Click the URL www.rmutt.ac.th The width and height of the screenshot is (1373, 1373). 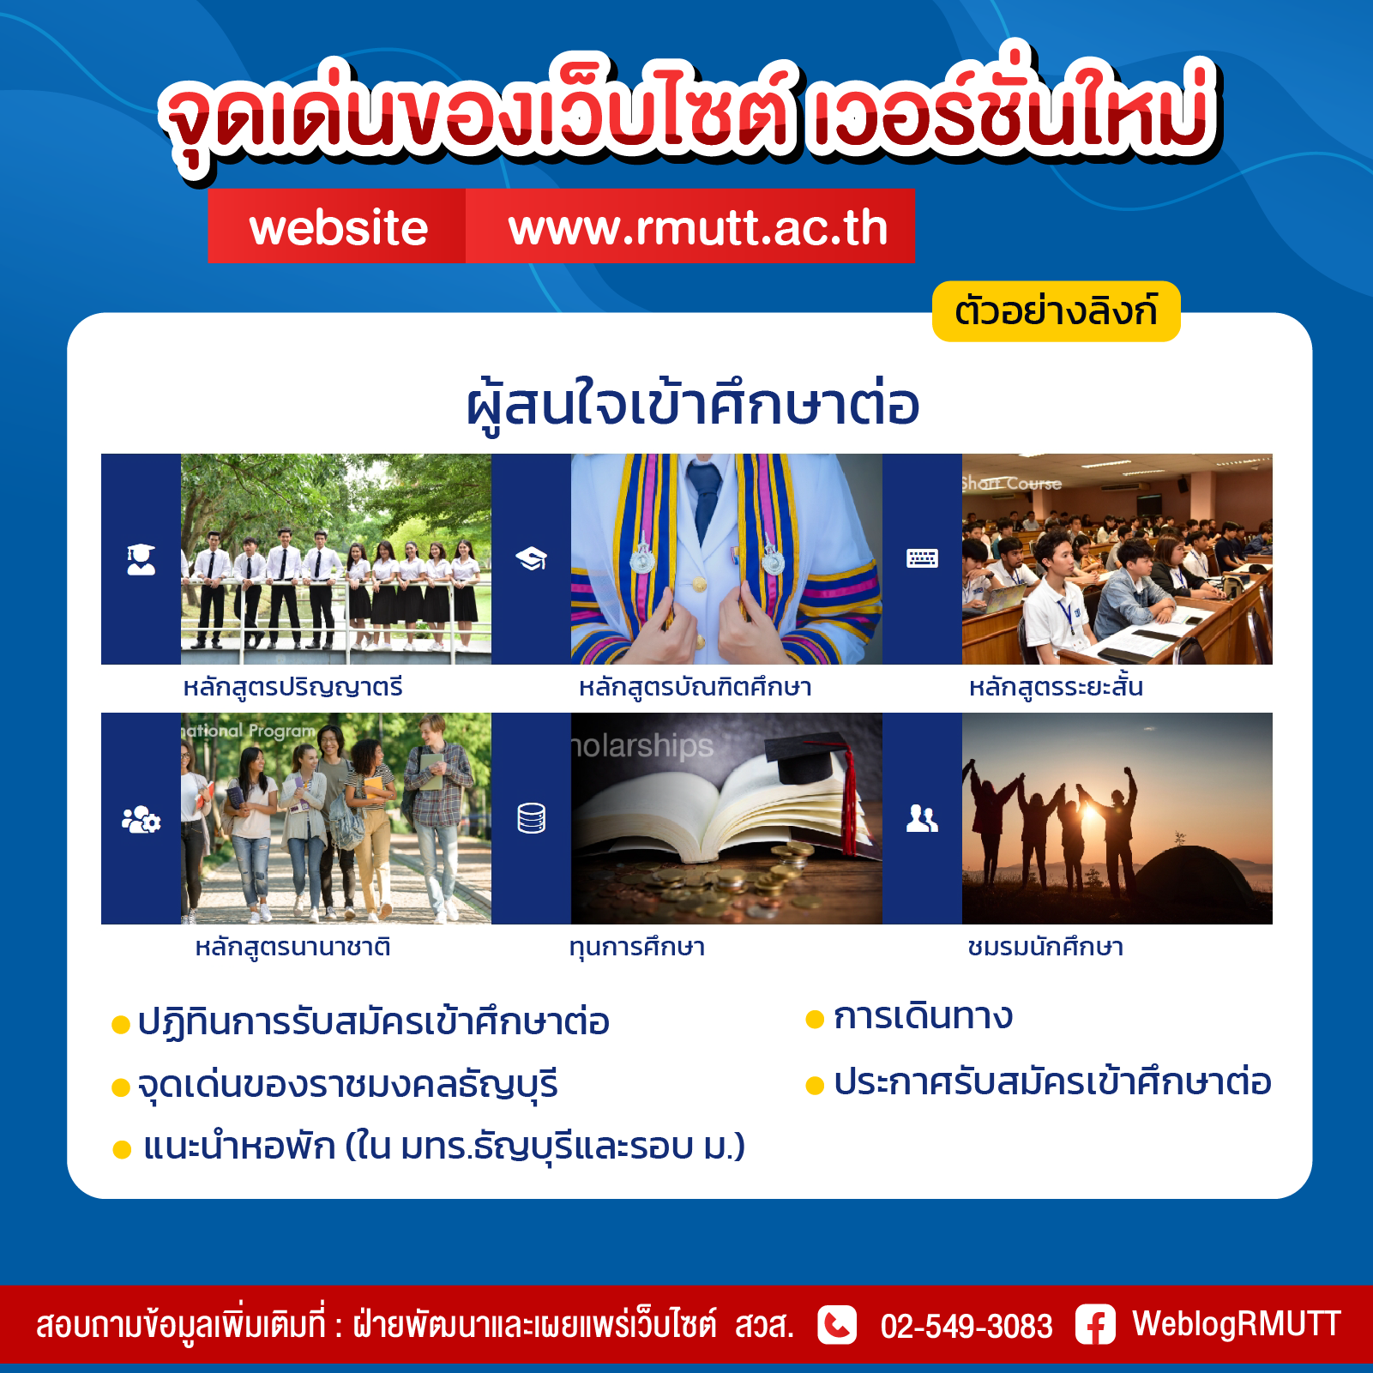(698, 228)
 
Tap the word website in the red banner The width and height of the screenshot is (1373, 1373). (339, 228)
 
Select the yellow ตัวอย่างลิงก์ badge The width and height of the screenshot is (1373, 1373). (1056, 311)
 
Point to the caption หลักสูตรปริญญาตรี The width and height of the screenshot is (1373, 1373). (293, 688)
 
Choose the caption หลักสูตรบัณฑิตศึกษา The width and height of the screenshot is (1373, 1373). (695, 688)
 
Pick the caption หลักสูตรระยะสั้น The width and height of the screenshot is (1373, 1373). (1056, 686)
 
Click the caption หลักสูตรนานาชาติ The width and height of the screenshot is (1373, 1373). (293, 948)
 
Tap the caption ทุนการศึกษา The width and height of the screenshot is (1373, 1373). (637, 948)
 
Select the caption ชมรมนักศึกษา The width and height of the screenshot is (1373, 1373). (1045, 947)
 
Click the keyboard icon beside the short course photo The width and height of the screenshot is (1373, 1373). (922, 559)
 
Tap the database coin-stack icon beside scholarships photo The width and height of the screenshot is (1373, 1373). (532, 818)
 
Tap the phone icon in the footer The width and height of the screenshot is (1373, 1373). (837, 1325)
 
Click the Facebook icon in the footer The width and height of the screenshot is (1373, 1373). (1095, 1325)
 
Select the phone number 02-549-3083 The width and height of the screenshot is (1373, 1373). (967, 1326)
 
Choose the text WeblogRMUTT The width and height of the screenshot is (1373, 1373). (1237, 1323)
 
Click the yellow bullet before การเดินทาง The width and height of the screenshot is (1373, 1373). (815, 1019)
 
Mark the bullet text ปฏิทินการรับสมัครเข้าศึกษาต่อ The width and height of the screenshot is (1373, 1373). (374, 1021)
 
